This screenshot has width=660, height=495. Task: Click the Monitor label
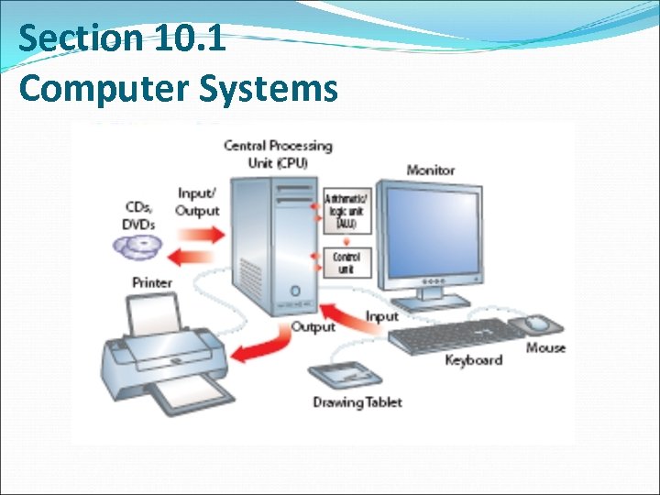(430, 170)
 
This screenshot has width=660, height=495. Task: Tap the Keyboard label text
(473, 360)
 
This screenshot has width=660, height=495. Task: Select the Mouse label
(545, 348)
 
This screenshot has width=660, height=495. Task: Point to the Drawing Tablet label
(357, 402)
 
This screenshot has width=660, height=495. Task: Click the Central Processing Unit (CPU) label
(278, 154)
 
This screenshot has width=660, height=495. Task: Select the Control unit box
(346, 260)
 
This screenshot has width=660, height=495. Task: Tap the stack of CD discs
(137, 246)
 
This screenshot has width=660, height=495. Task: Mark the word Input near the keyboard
(382, 316)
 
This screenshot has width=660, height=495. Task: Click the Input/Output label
(198, 202)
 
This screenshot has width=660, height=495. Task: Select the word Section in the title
(76, 38)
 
